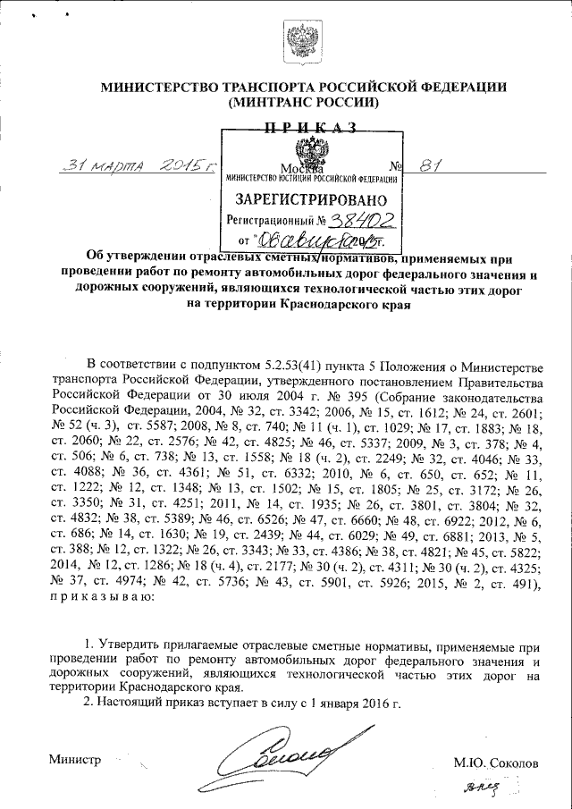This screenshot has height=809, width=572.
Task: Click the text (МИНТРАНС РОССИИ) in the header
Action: [x=304, y=103]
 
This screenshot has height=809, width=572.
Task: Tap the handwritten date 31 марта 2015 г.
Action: [x=133, y=165]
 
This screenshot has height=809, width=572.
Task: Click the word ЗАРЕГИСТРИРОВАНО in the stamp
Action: [x=310, y=198]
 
